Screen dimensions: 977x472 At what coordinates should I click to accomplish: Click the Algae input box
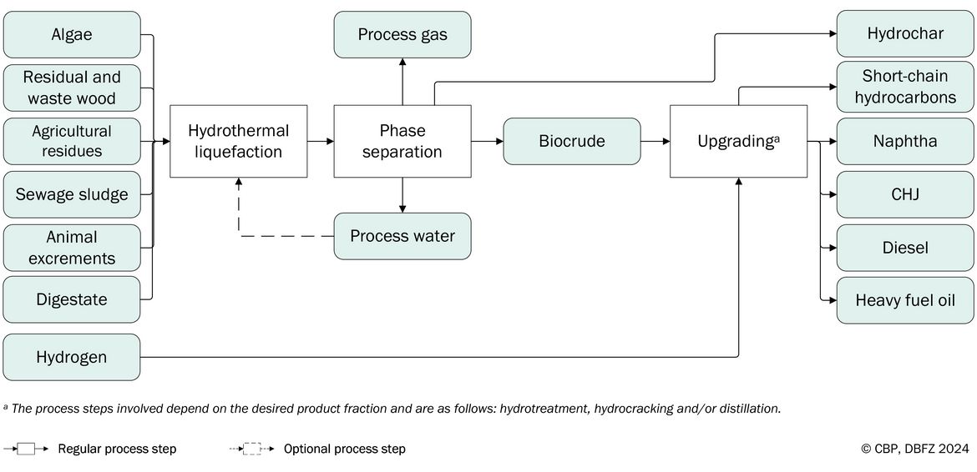coord(72,35)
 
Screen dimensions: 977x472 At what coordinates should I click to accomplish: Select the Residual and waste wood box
coord(72,88)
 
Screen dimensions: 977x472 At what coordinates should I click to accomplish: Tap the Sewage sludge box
coord(72,194)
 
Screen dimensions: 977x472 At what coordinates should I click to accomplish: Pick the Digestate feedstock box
coord(72,299)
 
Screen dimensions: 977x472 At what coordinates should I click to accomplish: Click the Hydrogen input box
coord(72,358)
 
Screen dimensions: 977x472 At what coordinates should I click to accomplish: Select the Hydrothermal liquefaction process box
coord(239,141)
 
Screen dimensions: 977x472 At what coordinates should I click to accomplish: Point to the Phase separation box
coord(402,141)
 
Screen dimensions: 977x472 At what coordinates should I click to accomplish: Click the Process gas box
coord(402,35)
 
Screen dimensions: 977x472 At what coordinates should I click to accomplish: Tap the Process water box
coord(402,236)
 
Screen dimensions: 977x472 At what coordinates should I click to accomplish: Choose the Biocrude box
coord(572,141)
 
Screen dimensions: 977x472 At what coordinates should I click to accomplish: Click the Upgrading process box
coord(738,141)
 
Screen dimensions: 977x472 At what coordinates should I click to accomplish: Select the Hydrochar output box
coord(905,33)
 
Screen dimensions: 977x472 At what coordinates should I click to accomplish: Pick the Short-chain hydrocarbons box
coord(905,87)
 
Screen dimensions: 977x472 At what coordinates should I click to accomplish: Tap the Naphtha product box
coord(905,141)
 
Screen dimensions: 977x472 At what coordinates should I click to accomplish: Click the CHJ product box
coord(905,194)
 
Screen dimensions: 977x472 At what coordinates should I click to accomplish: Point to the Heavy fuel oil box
coord(905,300)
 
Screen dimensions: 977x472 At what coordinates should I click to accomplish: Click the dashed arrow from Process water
coord(239,236)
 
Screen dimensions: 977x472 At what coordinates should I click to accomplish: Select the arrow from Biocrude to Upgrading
coord(655,142)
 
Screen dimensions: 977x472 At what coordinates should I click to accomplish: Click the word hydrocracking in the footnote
coord(630,409)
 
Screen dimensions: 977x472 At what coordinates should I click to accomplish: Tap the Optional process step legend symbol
coord(251,449)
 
